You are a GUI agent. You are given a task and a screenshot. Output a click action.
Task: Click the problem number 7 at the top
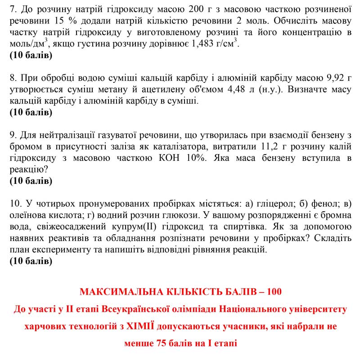pyautogui.click(x=12, y=9)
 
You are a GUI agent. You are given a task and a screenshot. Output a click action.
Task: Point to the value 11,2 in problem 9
pyautogui.click(x=270, y=146)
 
